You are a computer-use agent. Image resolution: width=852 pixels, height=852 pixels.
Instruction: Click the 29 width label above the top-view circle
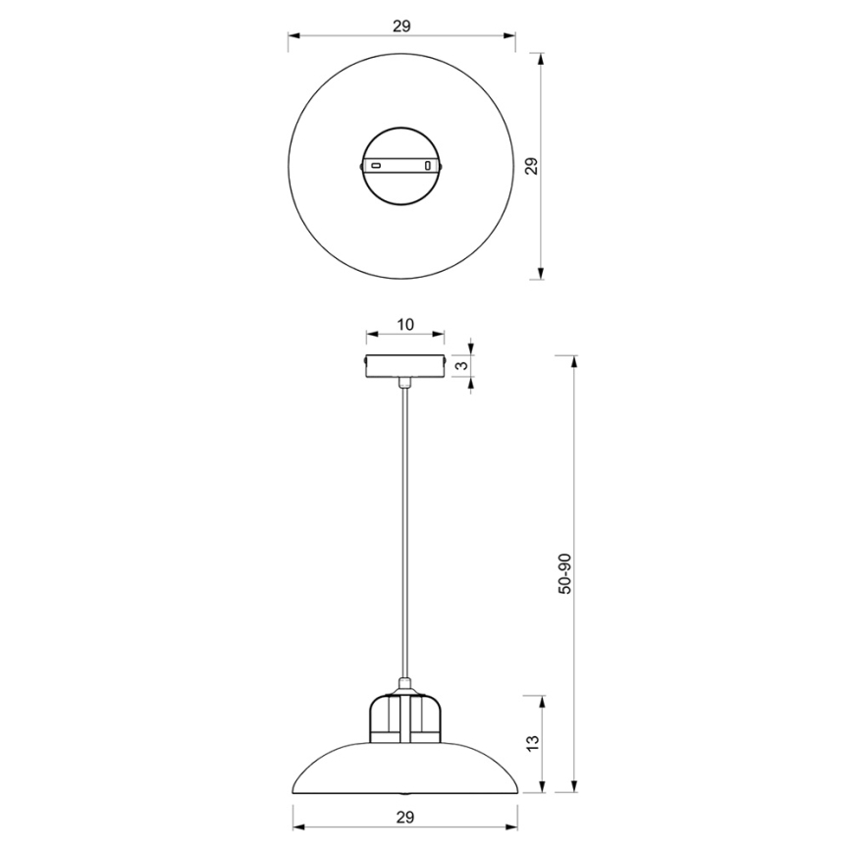400,27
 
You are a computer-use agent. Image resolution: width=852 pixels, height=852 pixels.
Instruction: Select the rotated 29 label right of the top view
531,165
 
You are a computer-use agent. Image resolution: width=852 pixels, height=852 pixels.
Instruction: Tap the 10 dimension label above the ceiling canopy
404,324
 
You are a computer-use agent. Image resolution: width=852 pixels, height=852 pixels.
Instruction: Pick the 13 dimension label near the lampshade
531,743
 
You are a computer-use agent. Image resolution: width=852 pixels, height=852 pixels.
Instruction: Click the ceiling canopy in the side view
404,364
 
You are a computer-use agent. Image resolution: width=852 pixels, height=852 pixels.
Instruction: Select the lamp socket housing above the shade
403,717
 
